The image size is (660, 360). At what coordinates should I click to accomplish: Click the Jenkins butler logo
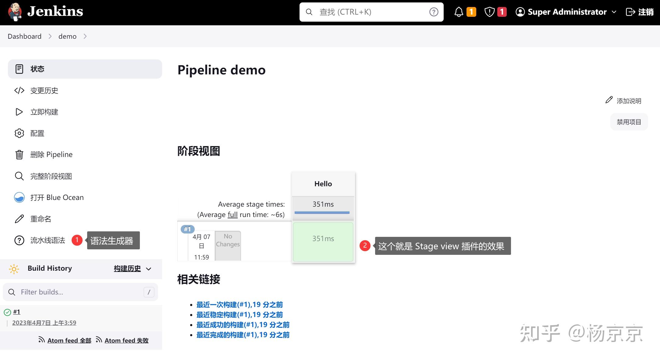[15, 12]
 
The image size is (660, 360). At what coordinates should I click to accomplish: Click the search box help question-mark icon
[434, 12]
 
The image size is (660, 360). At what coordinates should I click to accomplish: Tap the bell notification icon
[459, 12]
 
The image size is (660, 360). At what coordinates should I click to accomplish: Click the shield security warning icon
[489, 12]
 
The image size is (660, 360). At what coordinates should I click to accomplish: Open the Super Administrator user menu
[566, 12]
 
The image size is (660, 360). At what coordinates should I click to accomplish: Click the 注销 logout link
[640, 12]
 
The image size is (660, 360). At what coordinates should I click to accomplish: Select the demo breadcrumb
[67, 36]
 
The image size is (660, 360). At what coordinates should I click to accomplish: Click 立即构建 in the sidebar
[44, 112]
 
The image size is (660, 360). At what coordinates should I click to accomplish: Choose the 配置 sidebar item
[37, 133]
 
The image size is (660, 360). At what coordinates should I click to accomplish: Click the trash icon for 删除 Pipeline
[19, 155]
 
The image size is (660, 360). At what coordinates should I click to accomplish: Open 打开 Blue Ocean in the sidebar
[57, 198]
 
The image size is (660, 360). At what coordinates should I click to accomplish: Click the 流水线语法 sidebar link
[48, 240]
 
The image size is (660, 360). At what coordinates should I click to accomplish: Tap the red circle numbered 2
[365, 245]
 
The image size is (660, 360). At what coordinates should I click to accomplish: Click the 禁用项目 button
[629, 122]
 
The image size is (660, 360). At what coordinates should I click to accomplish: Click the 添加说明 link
[628, 101]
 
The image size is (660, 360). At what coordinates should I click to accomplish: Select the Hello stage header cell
[323, 184]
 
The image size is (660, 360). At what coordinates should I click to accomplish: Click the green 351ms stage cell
[323, 242]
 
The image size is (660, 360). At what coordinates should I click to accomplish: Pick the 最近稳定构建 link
[240, 315]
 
